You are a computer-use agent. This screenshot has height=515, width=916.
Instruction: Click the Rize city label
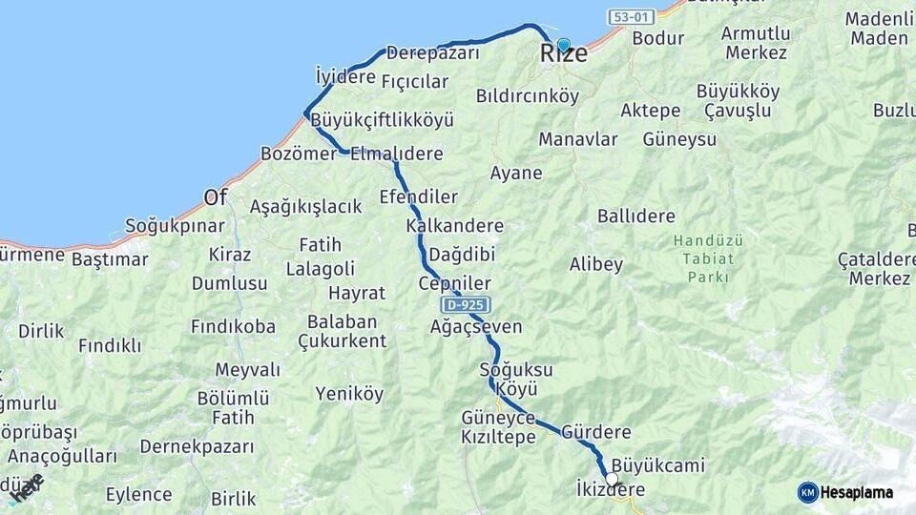563,55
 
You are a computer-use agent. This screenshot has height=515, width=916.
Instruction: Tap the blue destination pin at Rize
563,45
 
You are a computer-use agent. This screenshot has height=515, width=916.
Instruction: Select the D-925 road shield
467,305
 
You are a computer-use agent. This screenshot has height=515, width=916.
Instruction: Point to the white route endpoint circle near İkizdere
612,479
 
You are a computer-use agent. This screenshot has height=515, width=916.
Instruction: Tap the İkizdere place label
611,490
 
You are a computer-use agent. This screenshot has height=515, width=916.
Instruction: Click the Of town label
216,197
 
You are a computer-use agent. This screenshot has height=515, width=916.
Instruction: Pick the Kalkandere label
454,226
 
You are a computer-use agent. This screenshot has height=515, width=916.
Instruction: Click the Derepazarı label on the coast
432,53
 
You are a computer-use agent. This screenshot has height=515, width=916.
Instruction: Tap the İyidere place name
345,75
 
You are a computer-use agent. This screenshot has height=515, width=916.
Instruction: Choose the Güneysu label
679,139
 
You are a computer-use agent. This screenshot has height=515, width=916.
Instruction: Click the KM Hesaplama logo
845,492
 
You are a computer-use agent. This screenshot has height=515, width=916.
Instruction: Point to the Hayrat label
357,293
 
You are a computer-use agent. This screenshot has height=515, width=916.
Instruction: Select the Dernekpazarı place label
197,446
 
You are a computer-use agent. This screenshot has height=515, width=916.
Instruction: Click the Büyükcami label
658,465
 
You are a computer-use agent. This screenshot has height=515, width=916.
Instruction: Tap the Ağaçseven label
476,327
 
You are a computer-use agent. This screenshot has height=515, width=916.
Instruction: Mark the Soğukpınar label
175,226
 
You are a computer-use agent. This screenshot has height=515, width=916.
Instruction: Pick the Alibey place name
596,264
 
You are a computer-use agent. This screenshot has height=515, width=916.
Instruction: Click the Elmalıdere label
397,154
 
